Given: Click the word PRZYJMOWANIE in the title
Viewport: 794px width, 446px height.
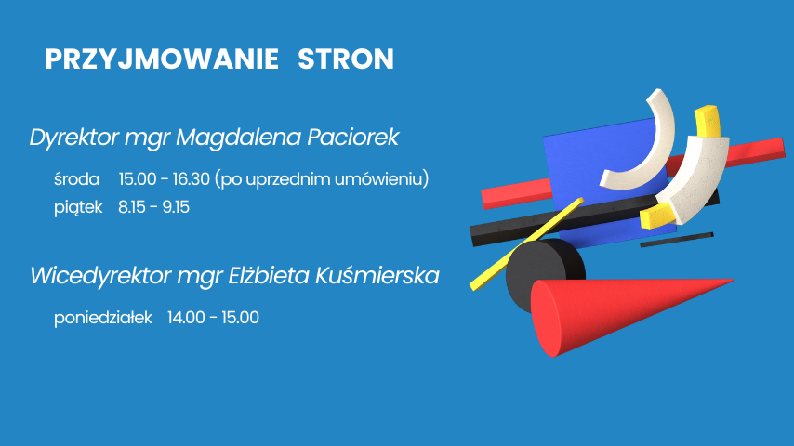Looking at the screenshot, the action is [x=162, y=59].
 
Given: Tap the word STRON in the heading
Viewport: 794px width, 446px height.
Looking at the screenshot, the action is [x=346, y=59].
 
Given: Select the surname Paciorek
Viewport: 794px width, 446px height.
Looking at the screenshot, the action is [x=353, y=137].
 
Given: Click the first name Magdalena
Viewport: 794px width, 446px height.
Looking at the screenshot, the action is [x=238, y=137].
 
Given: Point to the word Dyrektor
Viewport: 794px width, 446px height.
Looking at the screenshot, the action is [x=74, y=138].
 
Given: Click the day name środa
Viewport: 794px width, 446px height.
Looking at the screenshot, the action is [x=76, y=178].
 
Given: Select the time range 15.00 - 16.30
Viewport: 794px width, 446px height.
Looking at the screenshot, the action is [x=164, y=178].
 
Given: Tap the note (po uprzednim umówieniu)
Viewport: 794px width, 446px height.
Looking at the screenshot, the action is [x=322, y=178].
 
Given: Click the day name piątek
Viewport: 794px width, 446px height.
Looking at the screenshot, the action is [x=78, y=207].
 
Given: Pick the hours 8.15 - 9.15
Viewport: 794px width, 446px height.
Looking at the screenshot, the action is [x=154, y=207].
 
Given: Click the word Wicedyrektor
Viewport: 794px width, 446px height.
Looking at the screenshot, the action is [x=100, y=276].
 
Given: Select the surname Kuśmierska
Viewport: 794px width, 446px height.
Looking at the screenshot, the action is [x=377, y=276].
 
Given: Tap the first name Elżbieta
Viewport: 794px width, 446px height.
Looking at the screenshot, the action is [x=269, y=276].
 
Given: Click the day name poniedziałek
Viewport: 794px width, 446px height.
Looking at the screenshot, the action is [x=103, y=318].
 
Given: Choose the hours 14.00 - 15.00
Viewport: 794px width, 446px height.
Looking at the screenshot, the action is [x=213, y=318].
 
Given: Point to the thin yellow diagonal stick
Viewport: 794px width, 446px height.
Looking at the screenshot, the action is [x=526, y=244].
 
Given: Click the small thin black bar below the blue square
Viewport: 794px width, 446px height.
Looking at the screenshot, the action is [x=677, y=240].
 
